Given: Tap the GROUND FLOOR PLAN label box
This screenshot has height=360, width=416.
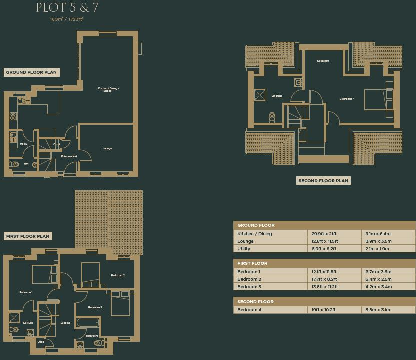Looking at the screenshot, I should click(x=32, y=72).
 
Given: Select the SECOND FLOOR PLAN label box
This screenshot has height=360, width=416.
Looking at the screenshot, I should click(x=323, y=181).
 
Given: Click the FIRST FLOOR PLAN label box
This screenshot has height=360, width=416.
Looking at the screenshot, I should click(x=28, y=236).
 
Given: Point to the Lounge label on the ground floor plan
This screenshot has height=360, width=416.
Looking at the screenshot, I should click(x=107, y=148).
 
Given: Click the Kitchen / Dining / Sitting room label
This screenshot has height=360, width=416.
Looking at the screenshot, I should click(x=108, y=90).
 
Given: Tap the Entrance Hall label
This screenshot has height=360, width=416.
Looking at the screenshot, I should click(x=69, y=157).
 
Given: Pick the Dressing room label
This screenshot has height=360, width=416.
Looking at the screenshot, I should click(x=323, y=61).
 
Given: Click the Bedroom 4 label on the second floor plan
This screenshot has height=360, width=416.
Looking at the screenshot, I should click(x=347, y=99).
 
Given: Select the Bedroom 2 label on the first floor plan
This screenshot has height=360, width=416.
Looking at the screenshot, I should click(x=118, y=275).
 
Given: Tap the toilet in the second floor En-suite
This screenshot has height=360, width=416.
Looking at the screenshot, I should click(x=272, y=117).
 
